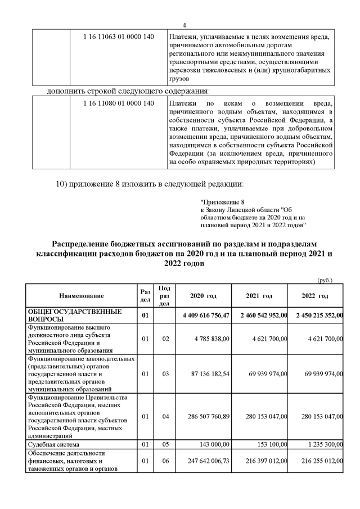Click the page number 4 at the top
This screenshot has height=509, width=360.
(x=184, y=25)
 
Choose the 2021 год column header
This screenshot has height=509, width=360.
(x=259, y=296)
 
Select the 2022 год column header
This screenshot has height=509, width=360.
(x=315, y=296)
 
